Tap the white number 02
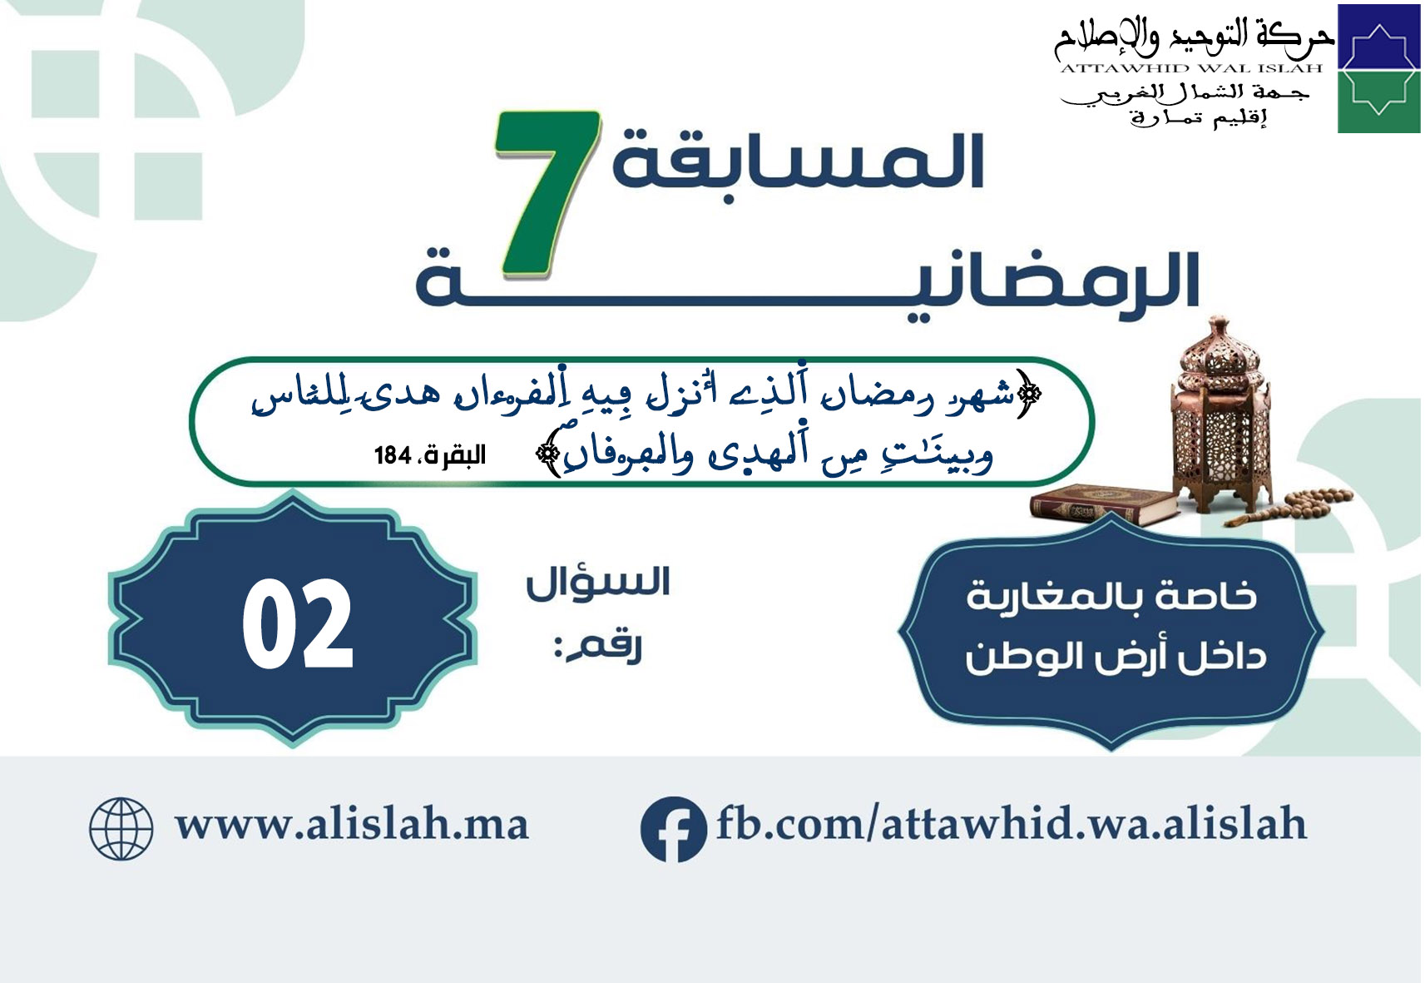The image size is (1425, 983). (297, 624)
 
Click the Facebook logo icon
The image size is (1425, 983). (674, 830)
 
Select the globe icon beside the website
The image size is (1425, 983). (121, 829)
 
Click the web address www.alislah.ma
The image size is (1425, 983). (352, 825)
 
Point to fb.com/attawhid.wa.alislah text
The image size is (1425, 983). (1012, 823)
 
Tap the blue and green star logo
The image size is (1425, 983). (1378, 69)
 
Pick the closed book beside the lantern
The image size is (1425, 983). (1104, 504)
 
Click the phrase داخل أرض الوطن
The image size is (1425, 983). (1116, 657)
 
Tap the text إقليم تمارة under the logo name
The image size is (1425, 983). (1200, 118)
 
